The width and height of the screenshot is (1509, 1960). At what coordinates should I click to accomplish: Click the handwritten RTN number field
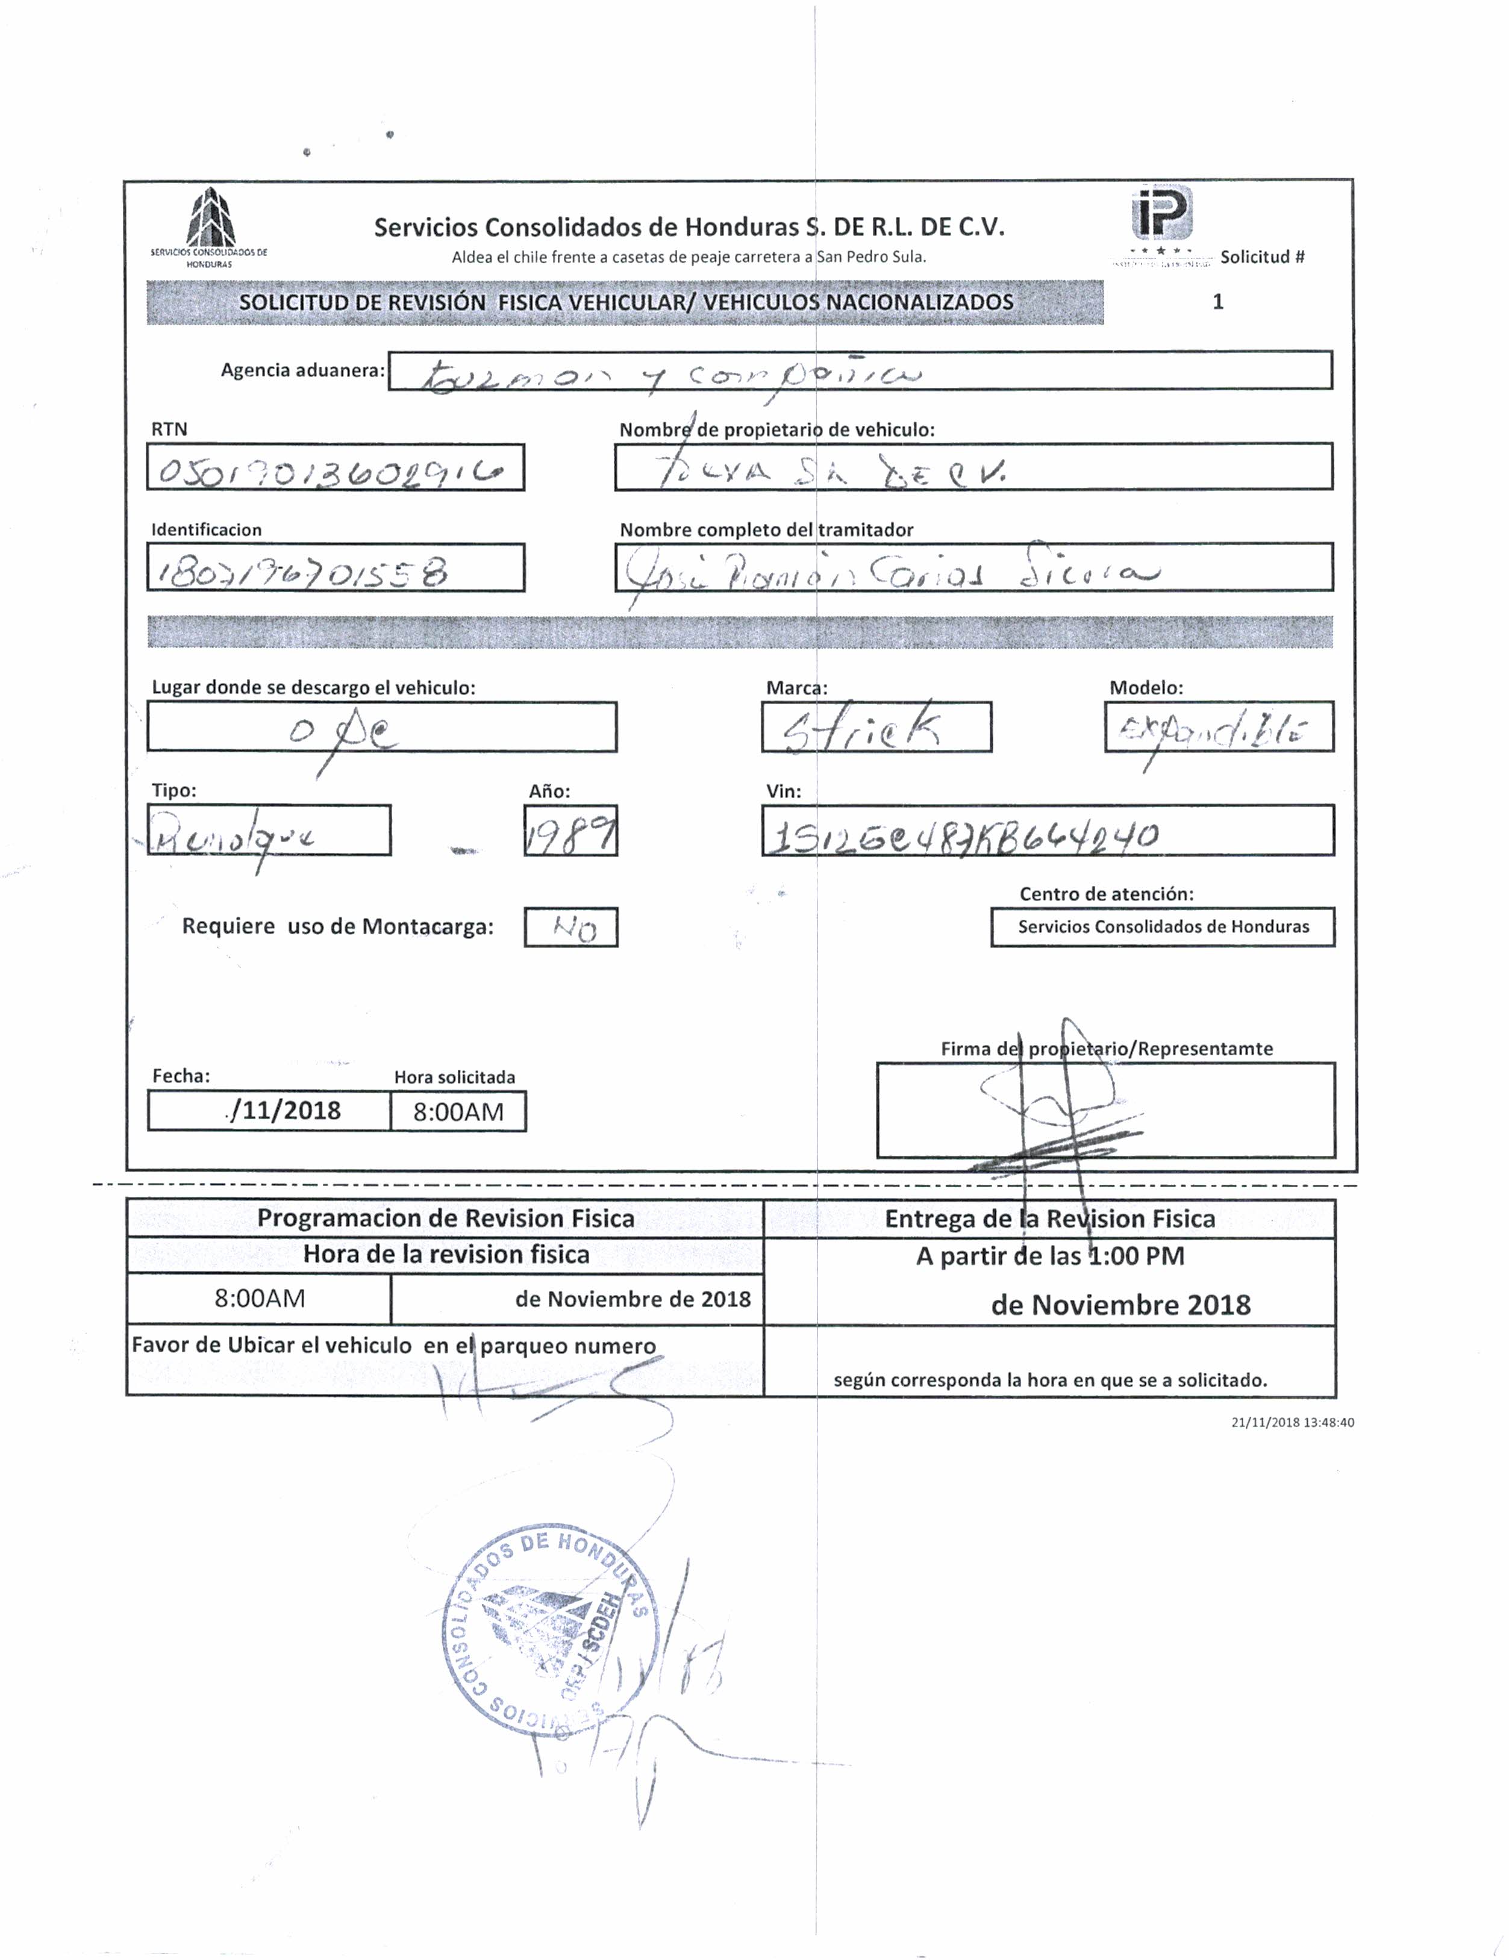pyautogui.click(x=335, y=467)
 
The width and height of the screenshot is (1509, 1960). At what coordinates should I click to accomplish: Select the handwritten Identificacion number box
pyautogui.click(x=335, y=568)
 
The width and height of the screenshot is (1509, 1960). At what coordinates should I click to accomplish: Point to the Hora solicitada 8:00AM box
pyautogui.click(x=458, y=1112)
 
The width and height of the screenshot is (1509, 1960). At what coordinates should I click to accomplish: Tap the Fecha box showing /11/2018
pyautogui.click(x=269, y=1111)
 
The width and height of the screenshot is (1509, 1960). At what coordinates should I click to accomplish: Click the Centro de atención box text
pyautogui.click(x=1163, y=927)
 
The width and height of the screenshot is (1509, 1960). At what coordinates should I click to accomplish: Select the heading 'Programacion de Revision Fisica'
pyautogui.click(x=445, y=1219)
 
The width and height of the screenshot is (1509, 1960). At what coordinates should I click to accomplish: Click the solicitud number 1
pyautogui.click(x=1217, y=302)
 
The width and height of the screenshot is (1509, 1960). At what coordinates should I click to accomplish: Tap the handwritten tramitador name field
pyautogui.click(x=973, y=568)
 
